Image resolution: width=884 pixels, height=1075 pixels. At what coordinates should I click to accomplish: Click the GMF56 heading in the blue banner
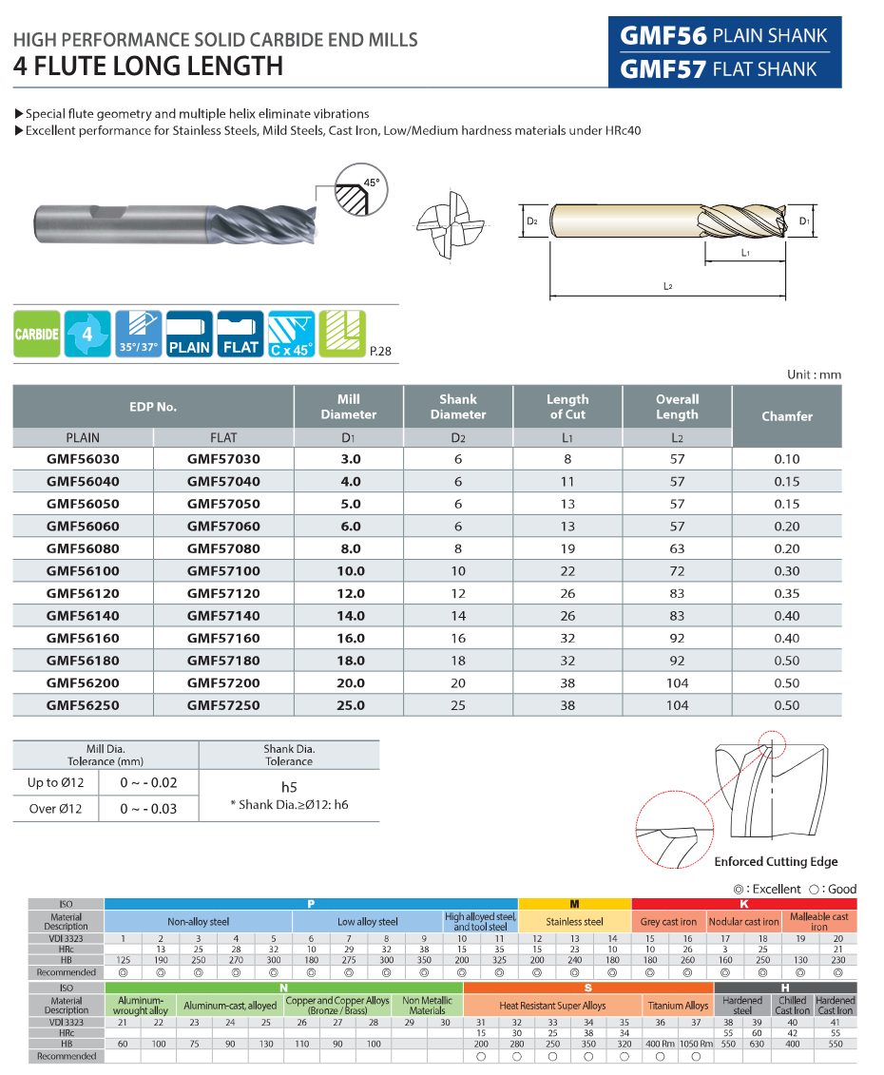pos(663,36)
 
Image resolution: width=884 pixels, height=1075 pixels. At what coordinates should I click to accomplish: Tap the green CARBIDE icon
pos(37,334)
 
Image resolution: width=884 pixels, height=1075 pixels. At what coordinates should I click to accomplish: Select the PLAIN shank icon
pos(189,334)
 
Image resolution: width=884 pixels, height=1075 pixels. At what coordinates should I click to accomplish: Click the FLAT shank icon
pos(240,334)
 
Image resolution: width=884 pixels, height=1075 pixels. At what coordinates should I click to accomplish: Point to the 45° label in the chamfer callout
pos(371,182)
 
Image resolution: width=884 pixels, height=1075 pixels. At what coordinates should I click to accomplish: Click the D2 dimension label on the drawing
pos(531,221)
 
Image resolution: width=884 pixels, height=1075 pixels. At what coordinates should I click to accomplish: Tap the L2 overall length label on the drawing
pos(667,286)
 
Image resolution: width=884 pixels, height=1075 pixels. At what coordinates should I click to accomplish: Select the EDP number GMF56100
pos(82,571)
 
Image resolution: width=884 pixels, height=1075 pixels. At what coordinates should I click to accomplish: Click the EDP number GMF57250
pos(223,705)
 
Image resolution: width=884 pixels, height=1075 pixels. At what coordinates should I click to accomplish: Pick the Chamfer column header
pos(787,416)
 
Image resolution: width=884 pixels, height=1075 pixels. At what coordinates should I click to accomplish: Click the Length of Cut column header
pos(567,407)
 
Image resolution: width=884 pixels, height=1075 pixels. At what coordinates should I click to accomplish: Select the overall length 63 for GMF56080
pos(677,548)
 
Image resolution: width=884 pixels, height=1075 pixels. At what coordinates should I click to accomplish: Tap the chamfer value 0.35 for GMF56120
pos(786,593)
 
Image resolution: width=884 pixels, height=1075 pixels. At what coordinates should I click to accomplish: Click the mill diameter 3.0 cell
pos(349,459)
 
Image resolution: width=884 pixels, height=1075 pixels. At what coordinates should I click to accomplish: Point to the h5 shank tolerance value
pos(289,787)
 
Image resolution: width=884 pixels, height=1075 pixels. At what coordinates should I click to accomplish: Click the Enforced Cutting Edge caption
pos(776,862)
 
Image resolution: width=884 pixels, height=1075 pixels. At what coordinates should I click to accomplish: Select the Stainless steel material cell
pos(574,921)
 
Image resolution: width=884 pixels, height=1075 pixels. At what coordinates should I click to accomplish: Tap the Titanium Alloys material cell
pos(678,1006)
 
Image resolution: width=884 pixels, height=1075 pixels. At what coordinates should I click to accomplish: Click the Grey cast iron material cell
pos(668,921)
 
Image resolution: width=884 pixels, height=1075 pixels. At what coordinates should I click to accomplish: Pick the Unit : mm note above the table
pos(814,374)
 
